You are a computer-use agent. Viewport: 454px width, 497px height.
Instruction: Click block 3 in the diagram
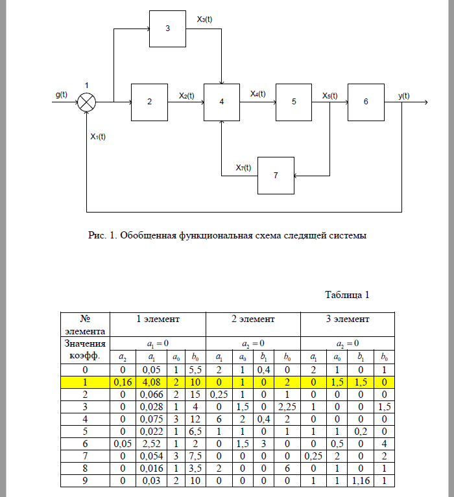167,29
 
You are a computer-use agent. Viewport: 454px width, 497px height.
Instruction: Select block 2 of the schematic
149,102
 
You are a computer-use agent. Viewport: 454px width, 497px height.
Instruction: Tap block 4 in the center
222,102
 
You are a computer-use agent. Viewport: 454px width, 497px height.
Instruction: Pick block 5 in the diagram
294,102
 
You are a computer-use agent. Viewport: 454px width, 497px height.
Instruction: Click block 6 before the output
366,102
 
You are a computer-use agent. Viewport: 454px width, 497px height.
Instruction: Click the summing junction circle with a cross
87,102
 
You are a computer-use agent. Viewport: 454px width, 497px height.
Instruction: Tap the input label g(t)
61,95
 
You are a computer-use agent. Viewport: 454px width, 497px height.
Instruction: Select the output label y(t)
403,96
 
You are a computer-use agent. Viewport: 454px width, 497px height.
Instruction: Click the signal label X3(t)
204,19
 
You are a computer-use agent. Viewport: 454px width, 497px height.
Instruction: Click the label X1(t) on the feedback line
99,137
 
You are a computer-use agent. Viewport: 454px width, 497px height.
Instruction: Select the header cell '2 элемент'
253,319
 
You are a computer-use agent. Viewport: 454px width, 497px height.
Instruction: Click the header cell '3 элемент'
348,319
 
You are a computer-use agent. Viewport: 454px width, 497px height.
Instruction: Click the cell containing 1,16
361,481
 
